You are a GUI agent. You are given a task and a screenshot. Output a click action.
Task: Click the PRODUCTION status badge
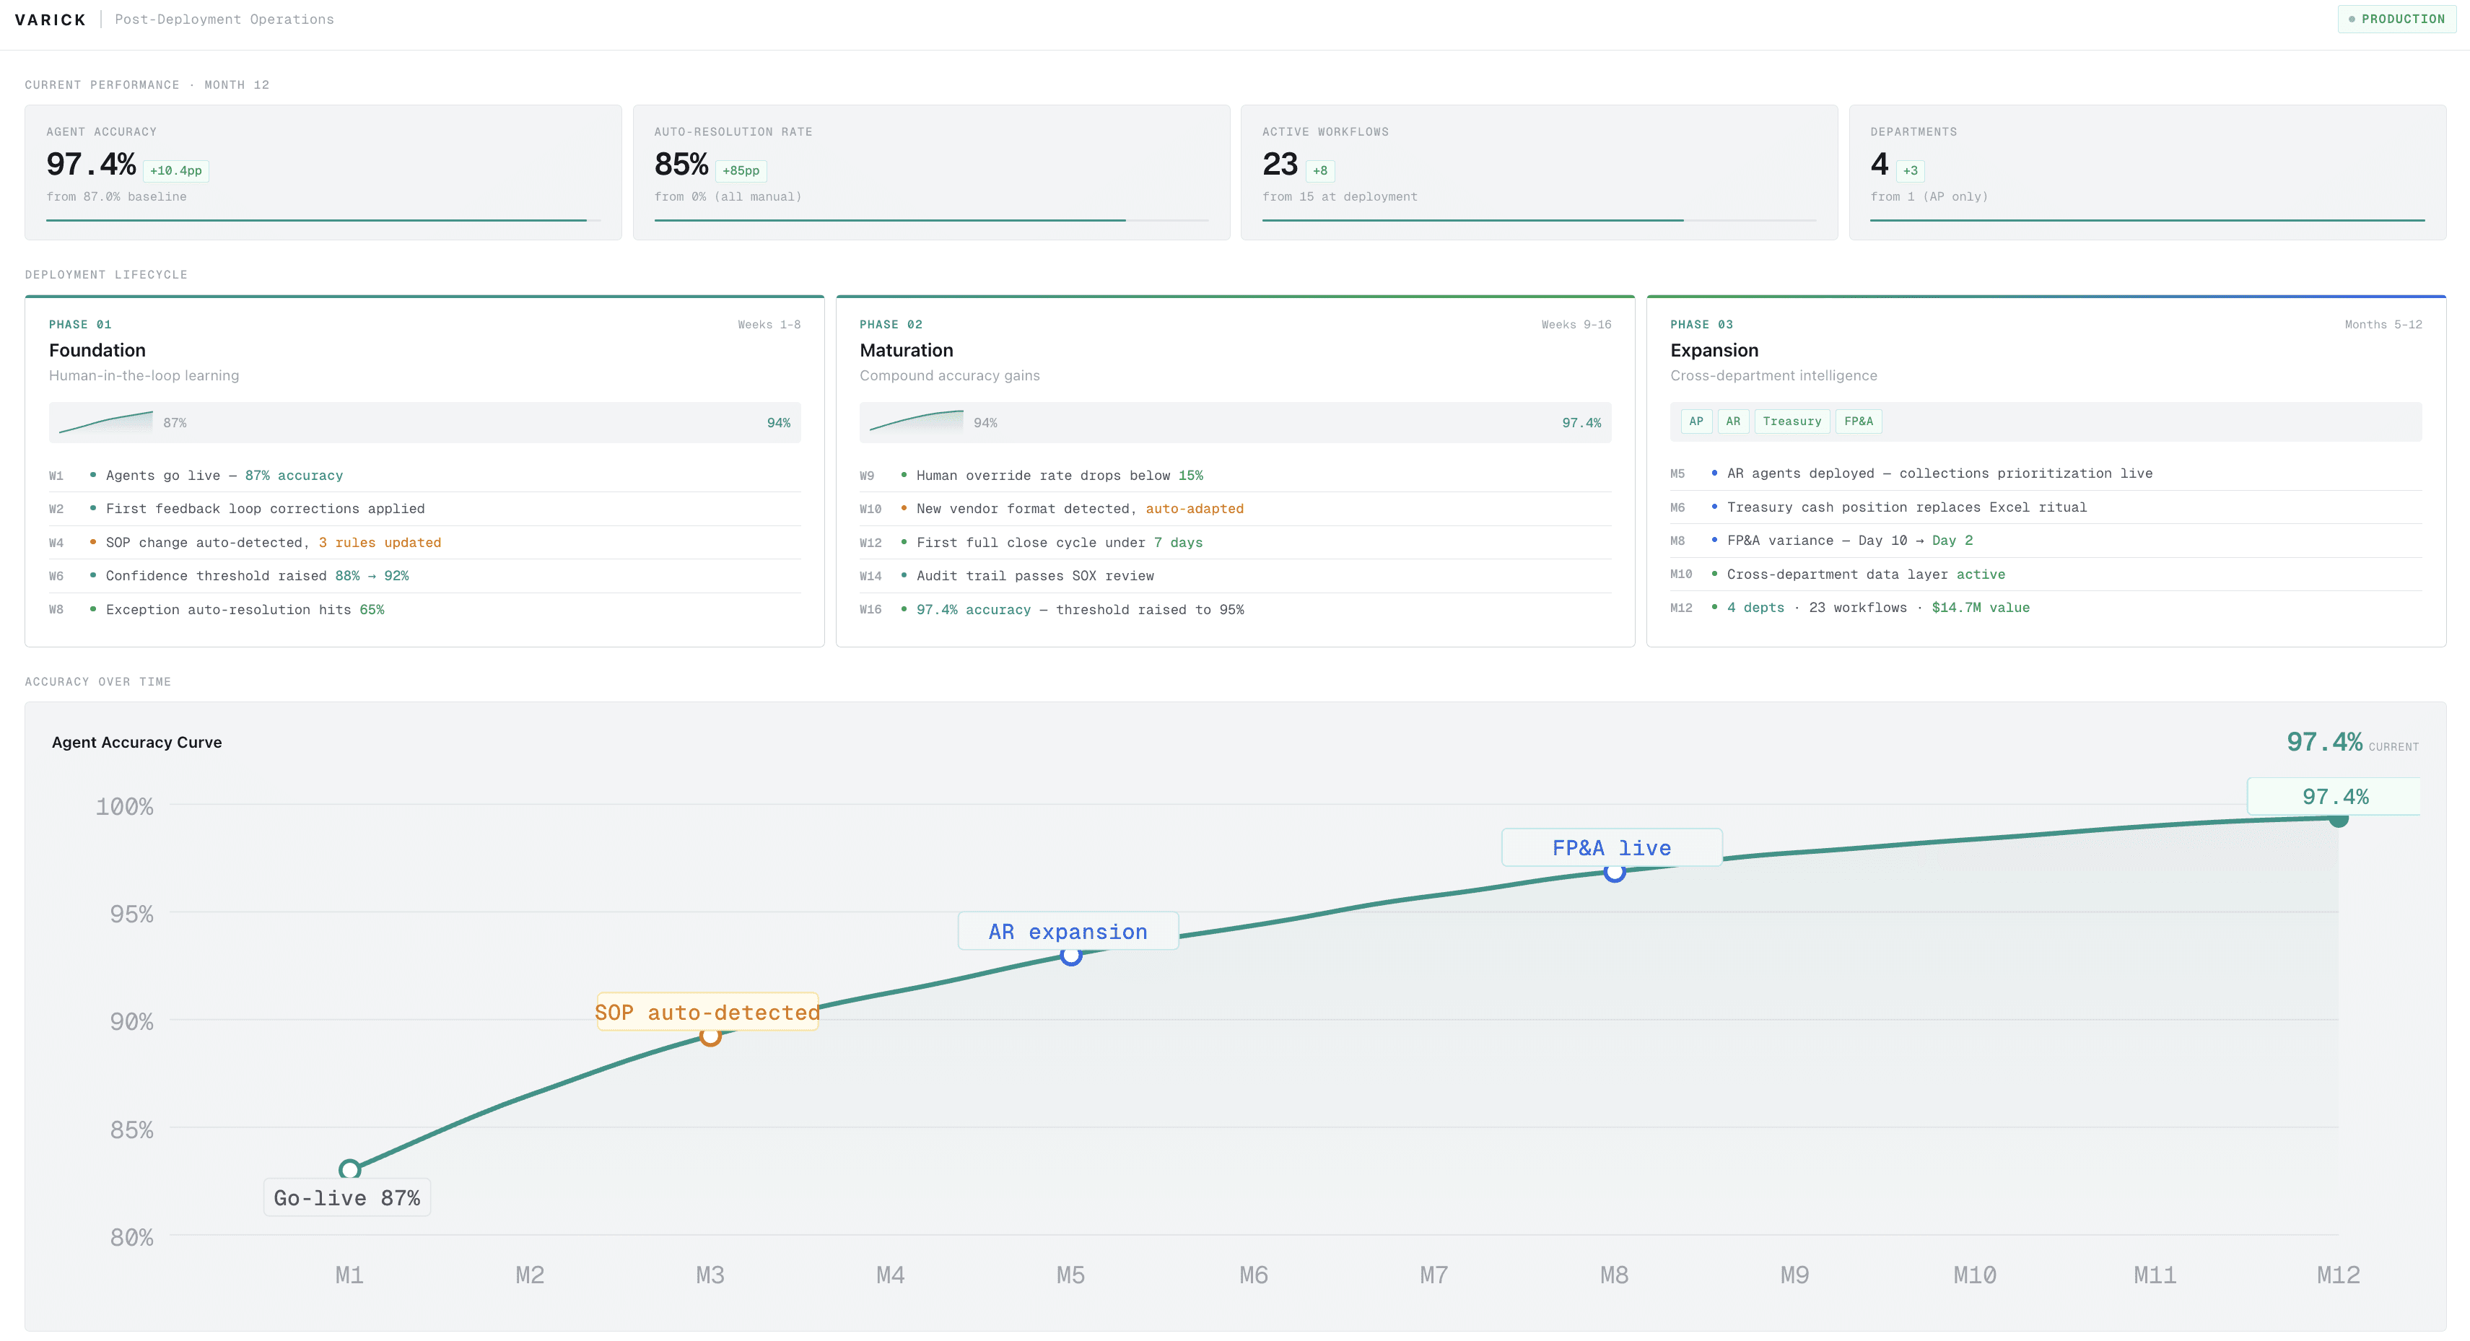tap(2396, 19)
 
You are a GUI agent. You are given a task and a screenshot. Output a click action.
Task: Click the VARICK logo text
tap(51, 20)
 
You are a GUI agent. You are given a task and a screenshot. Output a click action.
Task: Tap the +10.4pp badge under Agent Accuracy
tap(175, 170)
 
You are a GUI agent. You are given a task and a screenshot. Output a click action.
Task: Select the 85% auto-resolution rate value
tap(681, 165)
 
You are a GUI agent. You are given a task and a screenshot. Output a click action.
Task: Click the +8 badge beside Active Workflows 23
tap(1319, 170)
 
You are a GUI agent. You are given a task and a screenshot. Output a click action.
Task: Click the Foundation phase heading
tap(97, 350)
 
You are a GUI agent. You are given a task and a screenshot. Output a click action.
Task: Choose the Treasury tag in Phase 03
tap(1791, 421)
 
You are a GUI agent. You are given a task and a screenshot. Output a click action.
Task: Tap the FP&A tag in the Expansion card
tap(1857, 421)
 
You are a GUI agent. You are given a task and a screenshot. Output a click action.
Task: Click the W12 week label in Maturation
tap(870, 543)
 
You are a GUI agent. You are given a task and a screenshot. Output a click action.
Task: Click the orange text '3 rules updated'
tap(380, 543)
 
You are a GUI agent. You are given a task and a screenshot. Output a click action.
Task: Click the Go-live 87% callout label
tap(347, 1198)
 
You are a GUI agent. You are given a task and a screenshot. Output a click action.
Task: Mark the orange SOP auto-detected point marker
tap(710, 1036)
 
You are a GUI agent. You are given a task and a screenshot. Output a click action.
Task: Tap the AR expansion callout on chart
tap(1068, 932)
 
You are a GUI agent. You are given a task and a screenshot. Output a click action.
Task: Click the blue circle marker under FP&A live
tap(1615, 873)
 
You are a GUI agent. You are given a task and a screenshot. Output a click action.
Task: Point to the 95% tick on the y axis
tap(131, 914)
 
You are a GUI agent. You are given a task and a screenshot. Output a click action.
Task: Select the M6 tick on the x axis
tap(1253, 1275)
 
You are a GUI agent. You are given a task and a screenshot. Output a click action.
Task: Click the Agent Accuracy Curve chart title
tap(136, 742)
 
